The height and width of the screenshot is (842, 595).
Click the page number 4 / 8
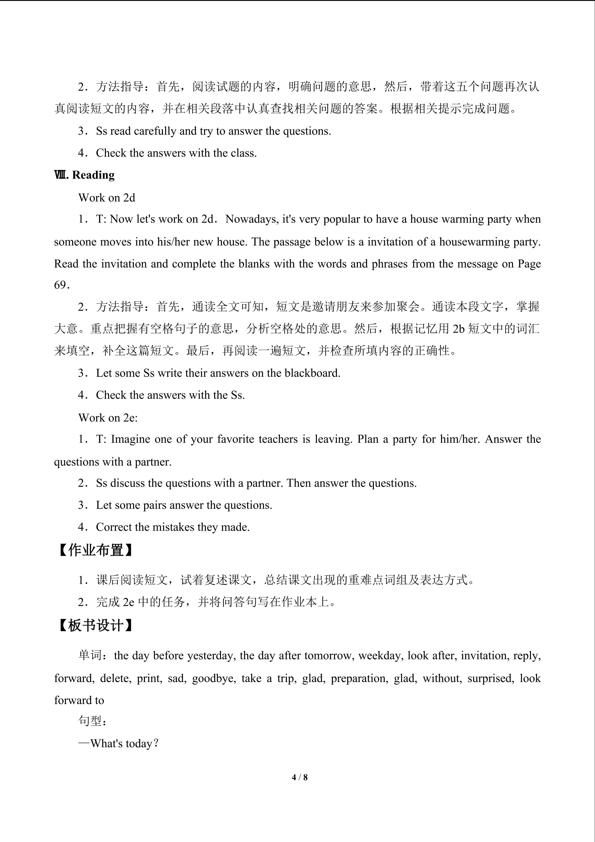[299, 777]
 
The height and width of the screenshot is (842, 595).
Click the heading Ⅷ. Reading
[84, 175]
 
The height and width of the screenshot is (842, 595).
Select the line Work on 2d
[107, 198]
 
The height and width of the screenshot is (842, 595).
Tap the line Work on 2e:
[108, 417]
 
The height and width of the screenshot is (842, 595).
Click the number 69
[60, 285]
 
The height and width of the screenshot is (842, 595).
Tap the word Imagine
[130, 439]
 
